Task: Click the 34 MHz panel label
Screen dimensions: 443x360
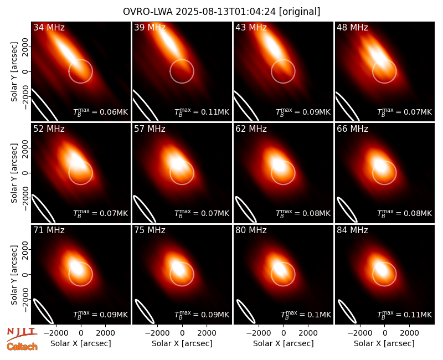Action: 49,27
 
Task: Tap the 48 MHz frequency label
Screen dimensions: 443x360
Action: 352,27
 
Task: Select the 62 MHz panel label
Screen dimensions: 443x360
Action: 251,129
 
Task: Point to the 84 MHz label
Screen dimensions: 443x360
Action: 352,230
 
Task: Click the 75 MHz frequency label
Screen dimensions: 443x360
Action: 150,230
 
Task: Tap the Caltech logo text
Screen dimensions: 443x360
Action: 22,347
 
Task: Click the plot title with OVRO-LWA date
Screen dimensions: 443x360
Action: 221,12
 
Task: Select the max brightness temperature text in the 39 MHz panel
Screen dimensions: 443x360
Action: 202,112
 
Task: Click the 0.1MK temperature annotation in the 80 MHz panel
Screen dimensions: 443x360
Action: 306,315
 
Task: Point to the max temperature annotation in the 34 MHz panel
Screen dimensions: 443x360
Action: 101,112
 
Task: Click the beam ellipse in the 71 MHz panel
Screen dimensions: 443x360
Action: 43,311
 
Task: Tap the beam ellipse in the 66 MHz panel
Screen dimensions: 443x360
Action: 347,210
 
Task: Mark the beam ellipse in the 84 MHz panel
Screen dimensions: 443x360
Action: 347,311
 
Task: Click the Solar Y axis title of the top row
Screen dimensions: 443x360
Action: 14,72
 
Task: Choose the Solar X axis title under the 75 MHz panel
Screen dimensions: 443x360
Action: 182,343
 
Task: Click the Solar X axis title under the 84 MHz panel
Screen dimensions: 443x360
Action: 384,343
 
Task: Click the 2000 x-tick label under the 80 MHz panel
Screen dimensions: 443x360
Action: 308,333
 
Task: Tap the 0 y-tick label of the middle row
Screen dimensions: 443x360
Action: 25,173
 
